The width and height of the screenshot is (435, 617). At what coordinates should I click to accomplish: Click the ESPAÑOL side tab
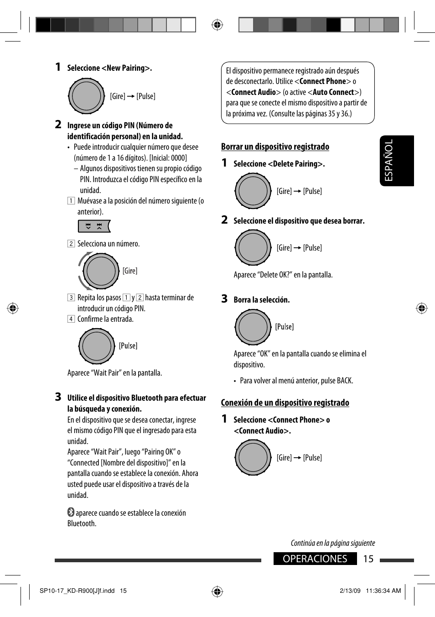(x=396, y=161)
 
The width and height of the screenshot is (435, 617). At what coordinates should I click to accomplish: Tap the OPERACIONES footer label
(x=315, y=559)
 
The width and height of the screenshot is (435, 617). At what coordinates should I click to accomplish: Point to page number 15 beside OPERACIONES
(x=368, y=559)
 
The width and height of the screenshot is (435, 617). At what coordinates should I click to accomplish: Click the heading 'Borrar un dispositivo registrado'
(x=275, y=146)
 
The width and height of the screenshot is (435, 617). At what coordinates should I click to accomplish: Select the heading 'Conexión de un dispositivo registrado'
(x=285, y=403)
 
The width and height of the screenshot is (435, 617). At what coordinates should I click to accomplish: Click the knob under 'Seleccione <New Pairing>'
(x=86, y=96)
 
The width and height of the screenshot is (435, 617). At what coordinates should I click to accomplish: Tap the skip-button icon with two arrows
(x=94, y=226)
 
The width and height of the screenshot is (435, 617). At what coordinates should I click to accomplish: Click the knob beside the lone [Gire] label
(x=100, y=271)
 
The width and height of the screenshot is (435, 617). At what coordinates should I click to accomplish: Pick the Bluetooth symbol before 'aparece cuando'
(x=71, y=512)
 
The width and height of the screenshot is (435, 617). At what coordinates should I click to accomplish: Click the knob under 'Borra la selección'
(x=253, y=327)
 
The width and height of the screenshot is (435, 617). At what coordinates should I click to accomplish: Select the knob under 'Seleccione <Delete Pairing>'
(x=253, y=191)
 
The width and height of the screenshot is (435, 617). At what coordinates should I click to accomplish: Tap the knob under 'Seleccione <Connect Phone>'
(x=253, y=457)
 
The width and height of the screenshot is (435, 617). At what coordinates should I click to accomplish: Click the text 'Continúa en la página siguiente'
(x=333, y=543)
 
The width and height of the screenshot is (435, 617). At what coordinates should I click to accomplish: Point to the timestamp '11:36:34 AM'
(x=383, y=591)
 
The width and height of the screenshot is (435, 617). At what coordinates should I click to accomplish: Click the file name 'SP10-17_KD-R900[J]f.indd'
(x=77, y=591)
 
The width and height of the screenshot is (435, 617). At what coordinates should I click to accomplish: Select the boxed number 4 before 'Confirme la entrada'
(x=71, y=319)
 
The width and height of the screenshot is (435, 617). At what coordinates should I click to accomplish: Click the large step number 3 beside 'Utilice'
(x=58, y=397)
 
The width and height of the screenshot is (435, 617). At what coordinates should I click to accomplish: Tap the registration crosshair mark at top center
(x=217, y=25)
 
